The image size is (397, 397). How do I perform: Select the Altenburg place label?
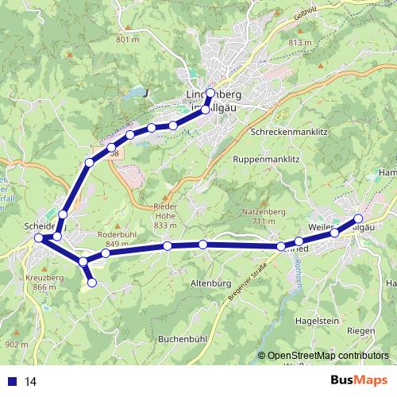tap(210, 283)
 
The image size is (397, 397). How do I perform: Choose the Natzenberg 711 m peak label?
tap(262, 217)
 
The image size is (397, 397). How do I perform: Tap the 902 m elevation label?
tap(17, 345)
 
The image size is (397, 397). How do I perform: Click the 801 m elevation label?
tap(127, 39)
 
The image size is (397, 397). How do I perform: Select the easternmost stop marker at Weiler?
tap(358, 218)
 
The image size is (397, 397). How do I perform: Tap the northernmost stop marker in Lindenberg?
tap(210, 93)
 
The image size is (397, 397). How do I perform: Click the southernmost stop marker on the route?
tap(92, 282)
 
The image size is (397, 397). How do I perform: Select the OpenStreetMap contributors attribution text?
tap(328, 356)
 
